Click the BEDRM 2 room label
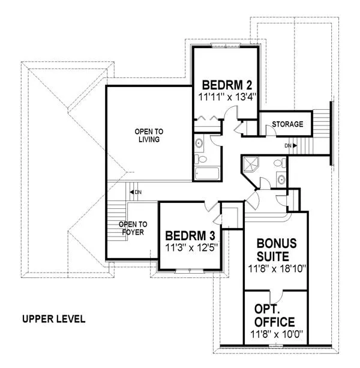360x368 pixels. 227,85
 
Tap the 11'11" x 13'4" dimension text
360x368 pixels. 227,97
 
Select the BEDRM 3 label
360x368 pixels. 190,236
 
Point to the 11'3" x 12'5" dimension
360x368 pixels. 191,247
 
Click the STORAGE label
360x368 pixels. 287,124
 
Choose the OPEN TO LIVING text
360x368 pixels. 149,136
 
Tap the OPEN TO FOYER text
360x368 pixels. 133,228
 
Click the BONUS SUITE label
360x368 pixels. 277,250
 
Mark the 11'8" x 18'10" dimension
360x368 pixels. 277,269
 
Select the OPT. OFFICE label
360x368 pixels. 274,316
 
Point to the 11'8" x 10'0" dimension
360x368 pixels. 277,334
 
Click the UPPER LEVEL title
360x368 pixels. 54,319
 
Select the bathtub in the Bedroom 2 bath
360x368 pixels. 207,173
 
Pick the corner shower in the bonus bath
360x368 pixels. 250,164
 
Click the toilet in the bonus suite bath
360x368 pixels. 280,163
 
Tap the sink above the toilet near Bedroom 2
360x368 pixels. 199,143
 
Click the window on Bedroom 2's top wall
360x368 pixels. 226,46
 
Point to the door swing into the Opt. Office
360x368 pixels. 278,298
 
